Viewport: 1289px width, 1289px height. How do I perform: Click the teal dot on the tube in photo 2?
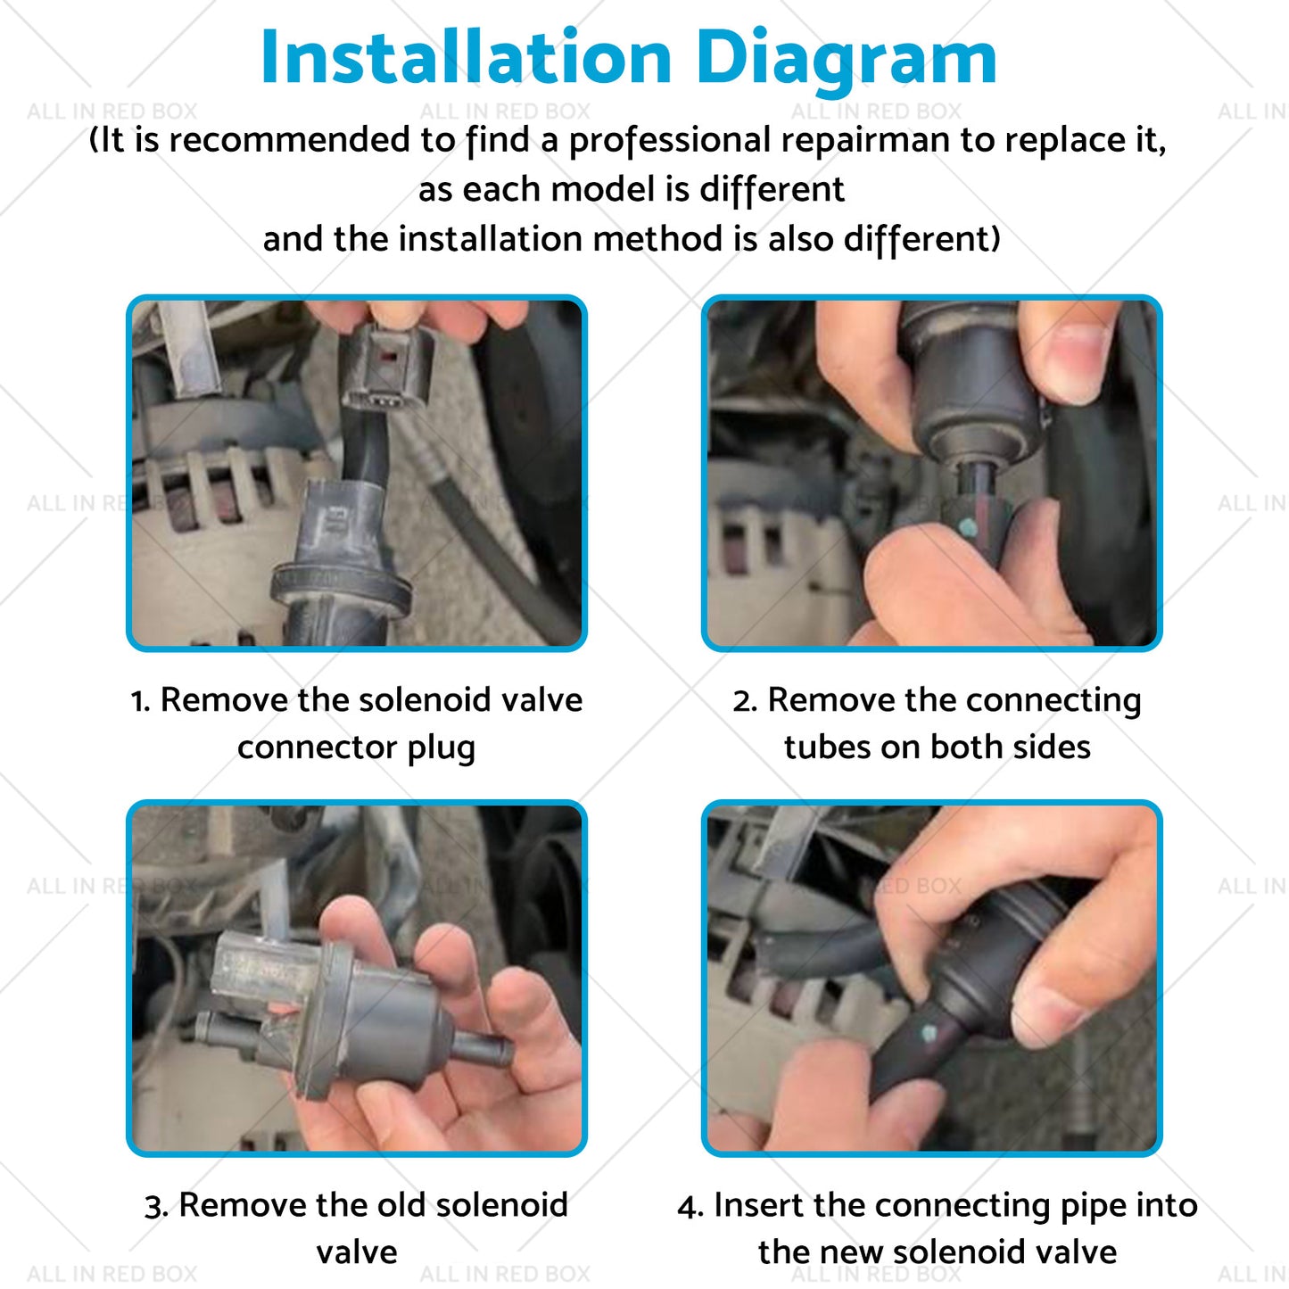967,528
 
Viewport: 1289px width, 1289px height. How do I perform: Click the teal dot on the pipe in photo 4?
929,1035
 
